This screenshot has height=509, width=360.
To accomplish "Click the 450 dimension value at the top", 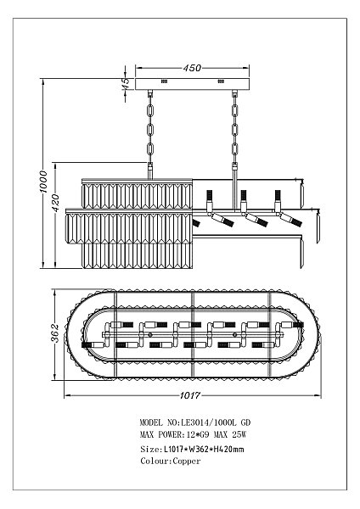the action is [192, 68].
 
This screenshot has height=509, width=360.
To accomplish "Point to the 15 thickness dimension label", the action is [126, 83].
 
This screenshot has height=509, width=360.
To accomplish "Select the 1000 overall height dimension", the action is [43, 182].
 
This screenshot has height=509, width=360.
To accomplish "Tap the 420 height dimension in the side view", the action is [56, 203].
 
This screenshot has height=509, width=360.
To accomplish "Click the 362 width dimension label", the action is [55, 333].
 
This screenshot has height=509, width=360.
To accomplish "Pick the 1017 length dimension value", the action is [190, 395].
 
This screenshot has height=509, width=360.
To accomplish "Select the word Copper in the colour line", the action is [187, 461].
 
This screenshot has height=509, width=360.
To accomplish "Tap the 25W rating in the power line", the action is [239, 434].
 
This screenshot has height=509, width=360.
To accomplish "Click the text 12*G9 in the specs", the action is [198, 434].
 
